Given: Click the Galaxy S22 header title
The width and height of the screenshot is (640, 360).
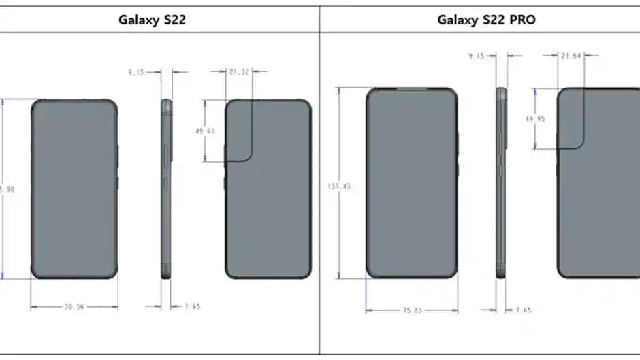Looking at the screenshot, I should point(152,20).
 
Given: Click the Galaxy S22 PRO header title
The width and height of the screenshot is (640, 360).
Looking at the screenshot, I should point(485,20).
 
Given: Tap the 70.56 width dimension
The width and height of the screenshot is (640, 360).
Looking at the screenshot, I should point(74,307).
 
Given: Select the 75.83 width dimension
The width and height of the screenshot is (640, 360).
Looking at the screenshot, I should point(411,310).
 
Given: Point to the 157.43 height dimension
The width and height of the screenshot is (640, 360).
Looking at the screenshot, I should point(339,186).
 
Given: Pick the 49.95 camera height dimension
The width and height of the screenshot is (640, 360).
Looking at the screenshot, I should point(534,118).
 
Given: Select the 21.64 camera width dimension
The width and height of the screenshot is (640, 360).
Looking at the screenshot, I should point(571,56).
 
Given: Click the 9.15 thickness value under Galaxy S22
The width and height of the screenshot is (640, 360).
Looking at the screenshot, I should point(138,71).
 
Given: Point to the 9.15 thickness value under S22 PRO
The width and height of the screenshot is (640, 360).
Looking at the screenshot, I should point(476,56).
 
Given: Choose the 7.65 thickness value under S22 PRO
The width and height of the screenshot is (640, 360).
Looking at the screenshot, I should point(523,310).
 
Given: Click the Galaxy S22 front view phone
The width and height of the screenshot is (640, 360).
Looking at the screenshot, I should point(74,189).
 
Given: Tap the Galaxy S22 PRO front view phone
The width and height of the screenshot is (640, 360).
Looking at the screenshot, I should point(412,183).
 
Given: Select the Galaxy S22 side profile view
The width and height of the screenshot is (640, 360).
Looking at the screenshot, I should point(167,189).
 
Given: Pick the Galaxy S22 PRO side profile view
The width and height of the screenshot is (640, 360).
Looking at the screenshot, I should point(502,183).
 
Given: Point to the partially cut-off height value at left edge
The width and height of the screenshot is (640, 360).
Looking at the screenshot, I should point(7,189).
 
